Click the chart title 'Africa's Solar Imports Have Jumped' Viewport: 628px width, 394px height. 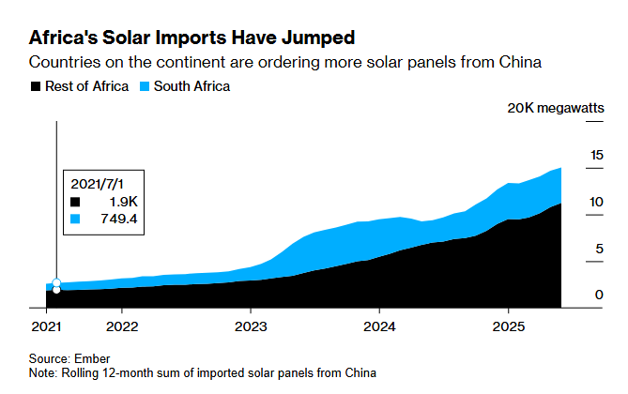[192, 38]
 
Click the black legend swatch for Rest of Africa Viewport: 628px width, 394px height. [37, 86]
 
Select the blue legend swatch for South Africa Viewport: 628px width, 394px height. [144, 86]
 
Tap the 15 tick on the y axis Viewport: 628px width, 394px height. [596, 155]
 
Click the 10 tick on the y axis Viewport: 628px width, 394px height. [596, 202]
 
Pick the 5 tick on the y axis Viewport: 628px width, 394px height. [599, 249]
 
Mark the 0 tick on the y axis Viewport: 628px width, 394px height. [599, 295]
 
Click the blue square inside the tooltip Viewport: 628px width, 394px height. [77, 219]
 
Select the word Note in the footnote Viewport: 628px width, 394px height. [43, 372]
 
